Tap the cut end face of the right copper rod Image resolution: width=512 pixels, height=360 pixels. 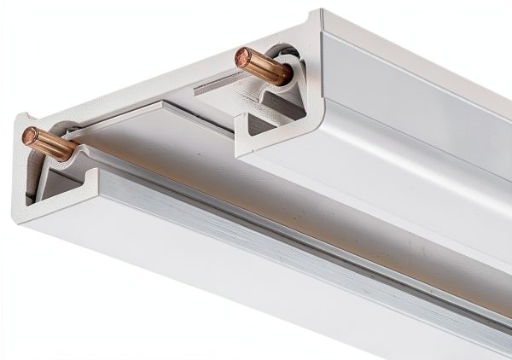242,57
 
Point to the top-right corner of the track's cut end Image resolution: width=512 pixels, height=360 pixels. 321,12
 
